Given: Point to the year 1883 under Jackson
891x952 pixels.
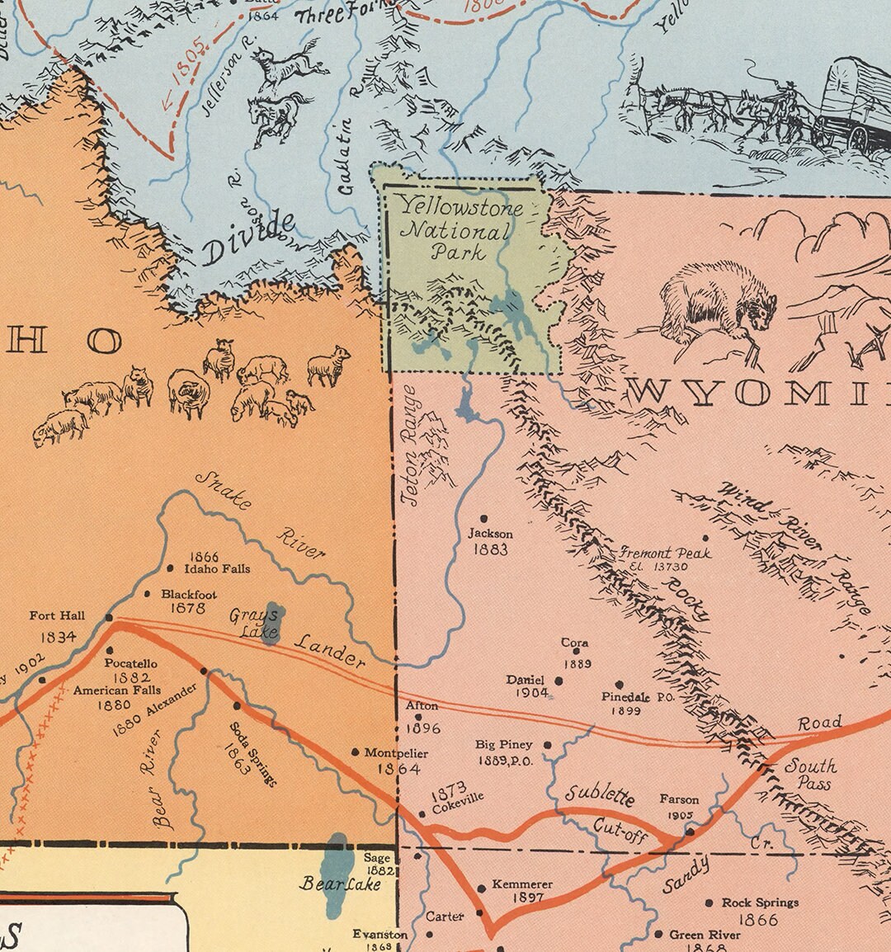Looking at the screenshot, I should coord(490,549).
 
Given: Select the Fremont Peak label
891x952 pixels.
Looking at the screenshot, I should coord(665,554).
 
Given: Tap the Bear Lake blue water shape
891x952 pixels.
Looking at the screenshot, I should coord(337,874).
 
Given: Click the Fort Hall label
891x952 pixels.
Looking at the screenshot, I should coord(57,615).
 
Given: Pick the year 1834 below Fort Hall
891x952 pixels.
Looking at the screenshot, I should coord(58,636).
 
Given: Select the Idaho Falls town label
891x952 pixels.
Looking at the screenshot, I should coord(217,568).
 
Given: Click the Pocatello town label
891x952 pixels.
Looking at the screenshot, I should coord(130,663).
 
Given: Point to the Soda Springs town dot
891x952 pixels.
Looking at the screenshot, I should coord(238,705).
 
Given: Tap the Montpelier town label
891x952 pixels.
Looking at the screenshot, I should coord(396,752).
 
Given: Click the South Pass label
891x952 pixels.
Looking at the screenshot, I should coord(810,774).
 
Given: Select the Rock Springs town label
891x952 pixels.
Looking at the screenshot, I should coord(760,903).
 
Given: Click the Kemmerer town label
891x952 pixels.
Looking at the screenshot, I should coord(521,884).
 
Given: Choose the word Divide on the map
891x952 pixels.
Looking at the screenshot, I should coord(247,239).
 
